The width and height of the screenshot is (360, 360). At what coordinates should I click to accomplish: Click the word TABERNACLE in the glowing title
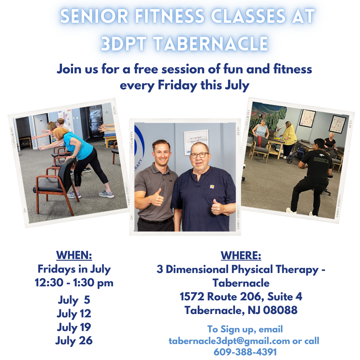(x=211, y=43)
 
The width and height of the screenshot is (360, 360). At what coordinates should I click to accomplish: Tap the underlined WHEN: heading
(x=74, y=255)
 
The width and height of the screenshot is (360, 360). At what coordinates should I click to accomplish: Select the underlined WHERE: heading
(x=241, y=255)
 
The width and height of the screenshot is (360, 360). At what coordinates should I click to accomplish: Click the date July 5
(x=74, y=300)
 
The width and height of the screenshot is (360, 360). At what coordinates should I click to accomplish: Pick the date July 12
(x=74, y=314)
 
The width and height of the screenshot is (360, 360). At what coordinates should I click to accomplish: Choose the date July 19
(x=74, y=327)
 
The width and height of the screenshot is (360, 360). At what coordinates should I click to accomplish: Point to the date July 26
(x=74, y=341)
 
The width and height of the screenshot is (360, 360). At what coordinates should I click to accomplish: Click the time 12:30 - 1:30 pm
(x=74, y=283)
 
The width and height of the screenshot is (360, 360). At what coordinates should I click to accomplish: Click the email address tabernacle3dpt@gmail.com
(x=229, y=341)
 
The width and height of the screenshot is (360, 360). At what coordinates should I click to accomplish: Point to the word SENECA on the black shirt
(x=321, y=160)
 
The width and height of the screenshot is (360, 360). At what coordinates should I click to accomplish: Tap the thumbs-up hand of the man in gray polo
(x=157, y=197)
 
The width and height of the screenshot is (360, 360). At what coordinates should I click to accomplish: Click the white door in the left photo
(x=41, y=130)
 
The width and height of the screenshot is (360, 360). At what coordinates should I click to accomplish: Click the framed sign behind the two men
(x=196, y=142)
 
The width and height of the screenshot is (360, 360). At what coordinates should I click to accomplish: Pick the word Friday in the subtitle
(x=177, y=85)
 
